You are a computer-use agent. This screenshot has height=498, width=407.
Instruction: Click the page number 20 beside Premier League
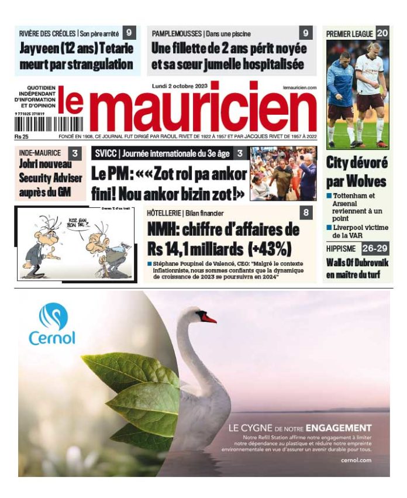point(382,33)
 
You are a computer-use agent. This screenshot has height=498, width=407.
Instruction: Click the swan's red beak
point(208,318)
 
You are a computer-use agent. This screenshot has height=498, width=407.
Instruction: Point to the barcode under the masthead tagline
point(40,124)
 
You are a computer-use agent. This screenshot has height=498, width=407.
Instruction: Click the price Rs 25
point(22,137)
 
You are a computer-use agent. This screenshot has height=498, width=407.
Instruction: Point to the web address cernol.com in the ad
point(356,461)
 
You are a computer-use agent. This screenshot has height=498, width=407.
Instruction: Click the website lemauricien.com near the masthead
point(299,87)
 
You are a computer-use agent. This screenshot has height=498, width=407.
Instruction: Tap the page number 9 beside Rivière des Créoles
point(129,33)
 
